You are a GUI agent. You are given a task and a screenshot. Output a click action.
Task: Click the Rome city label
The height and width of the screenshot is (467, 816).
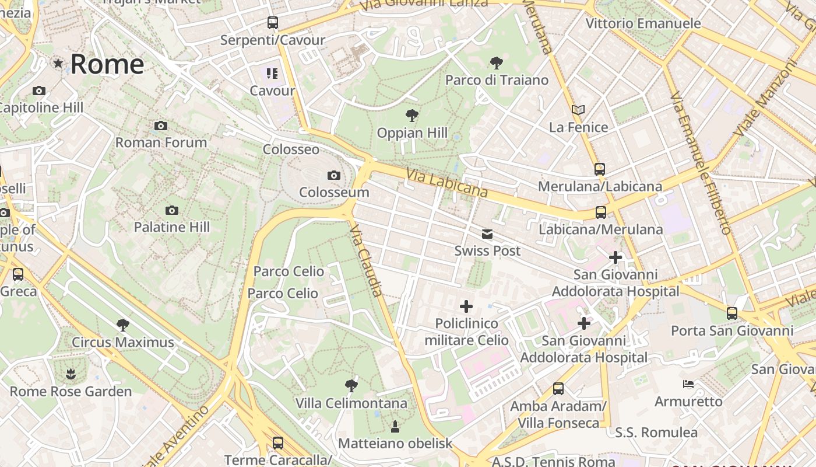click(x=107, y=64)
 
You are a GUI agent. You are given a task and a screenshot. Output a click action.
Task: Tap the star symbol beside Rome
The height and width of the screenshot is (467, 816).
click(x=58, y=63)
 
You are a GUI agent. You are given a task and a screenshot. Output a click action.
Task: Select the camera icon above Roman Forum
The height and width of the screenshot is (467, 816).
click(x=161, y=126)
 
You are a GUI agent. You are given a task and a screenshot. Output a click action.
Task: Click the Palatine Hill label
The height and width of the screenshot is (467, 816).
click(x=172, y=227)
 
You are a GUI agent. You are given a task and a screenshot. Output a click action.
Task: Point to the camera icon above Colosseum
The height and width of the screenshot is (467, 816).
click(x=334, y=175)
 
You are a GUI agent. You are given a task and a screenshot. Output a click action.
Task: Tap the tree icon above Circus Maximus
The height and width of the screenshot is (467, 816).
click(x=122, y=325)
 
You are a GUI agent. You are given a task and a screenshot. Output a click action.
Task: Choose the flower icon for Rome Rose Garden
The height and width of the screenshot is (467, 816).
click(x=71, y=374)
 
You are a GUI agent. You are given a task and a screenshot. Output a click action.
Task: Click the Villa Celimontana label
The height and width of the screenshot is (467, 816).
click(x=351, y=403)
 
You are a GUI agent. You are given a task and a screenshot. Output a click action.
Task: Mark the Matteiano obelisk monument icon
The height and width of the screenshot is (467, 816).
click(x=395, y=426)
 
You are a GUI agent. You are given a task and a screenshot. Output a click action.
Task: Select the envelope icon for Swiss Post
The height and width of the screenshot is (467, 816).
click(x=487, y=234)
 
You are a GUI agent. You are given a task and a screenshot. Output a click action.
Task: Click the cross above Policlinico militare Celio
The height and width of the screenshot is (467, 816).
click(x=466, y=306)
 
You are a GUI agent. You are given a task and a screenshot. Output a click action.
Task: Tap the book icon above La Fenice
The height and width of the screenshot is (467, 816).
click(x=578, y=110)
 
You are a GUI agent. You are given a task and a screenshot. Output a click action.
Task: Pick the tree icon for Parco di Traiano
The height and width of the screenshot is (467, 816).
click(x=497, y=62)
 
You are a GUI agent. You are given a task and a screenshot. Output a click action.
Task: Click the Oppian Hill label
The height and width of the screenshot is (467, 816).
click(x=412, y=133)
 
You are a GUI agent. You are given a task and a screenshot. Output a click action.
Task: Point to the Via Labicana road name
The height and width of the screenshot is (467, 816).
click(x=447, y=183)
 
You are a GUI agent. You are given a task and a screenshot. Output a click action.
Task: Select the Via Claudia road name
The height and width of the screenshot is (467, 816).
click(x=367, y=260)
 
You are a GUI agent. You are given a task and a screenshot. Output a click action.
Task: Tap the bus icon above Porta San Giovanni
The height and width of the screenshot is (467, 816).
click(x=732, y=313)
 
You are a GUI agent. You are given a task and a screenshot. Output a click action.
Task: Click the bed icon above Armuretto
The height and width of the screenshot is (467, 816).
click(x=688, y=384)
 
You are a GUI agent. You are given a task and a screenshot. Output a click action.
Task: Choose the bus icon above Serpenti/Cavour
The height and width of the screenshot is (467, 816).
click(x=272, y=23)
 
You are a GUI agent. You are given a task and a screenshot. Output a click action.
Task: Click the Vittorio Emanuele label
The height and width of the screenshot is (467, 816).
click(x=643, y=23)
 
